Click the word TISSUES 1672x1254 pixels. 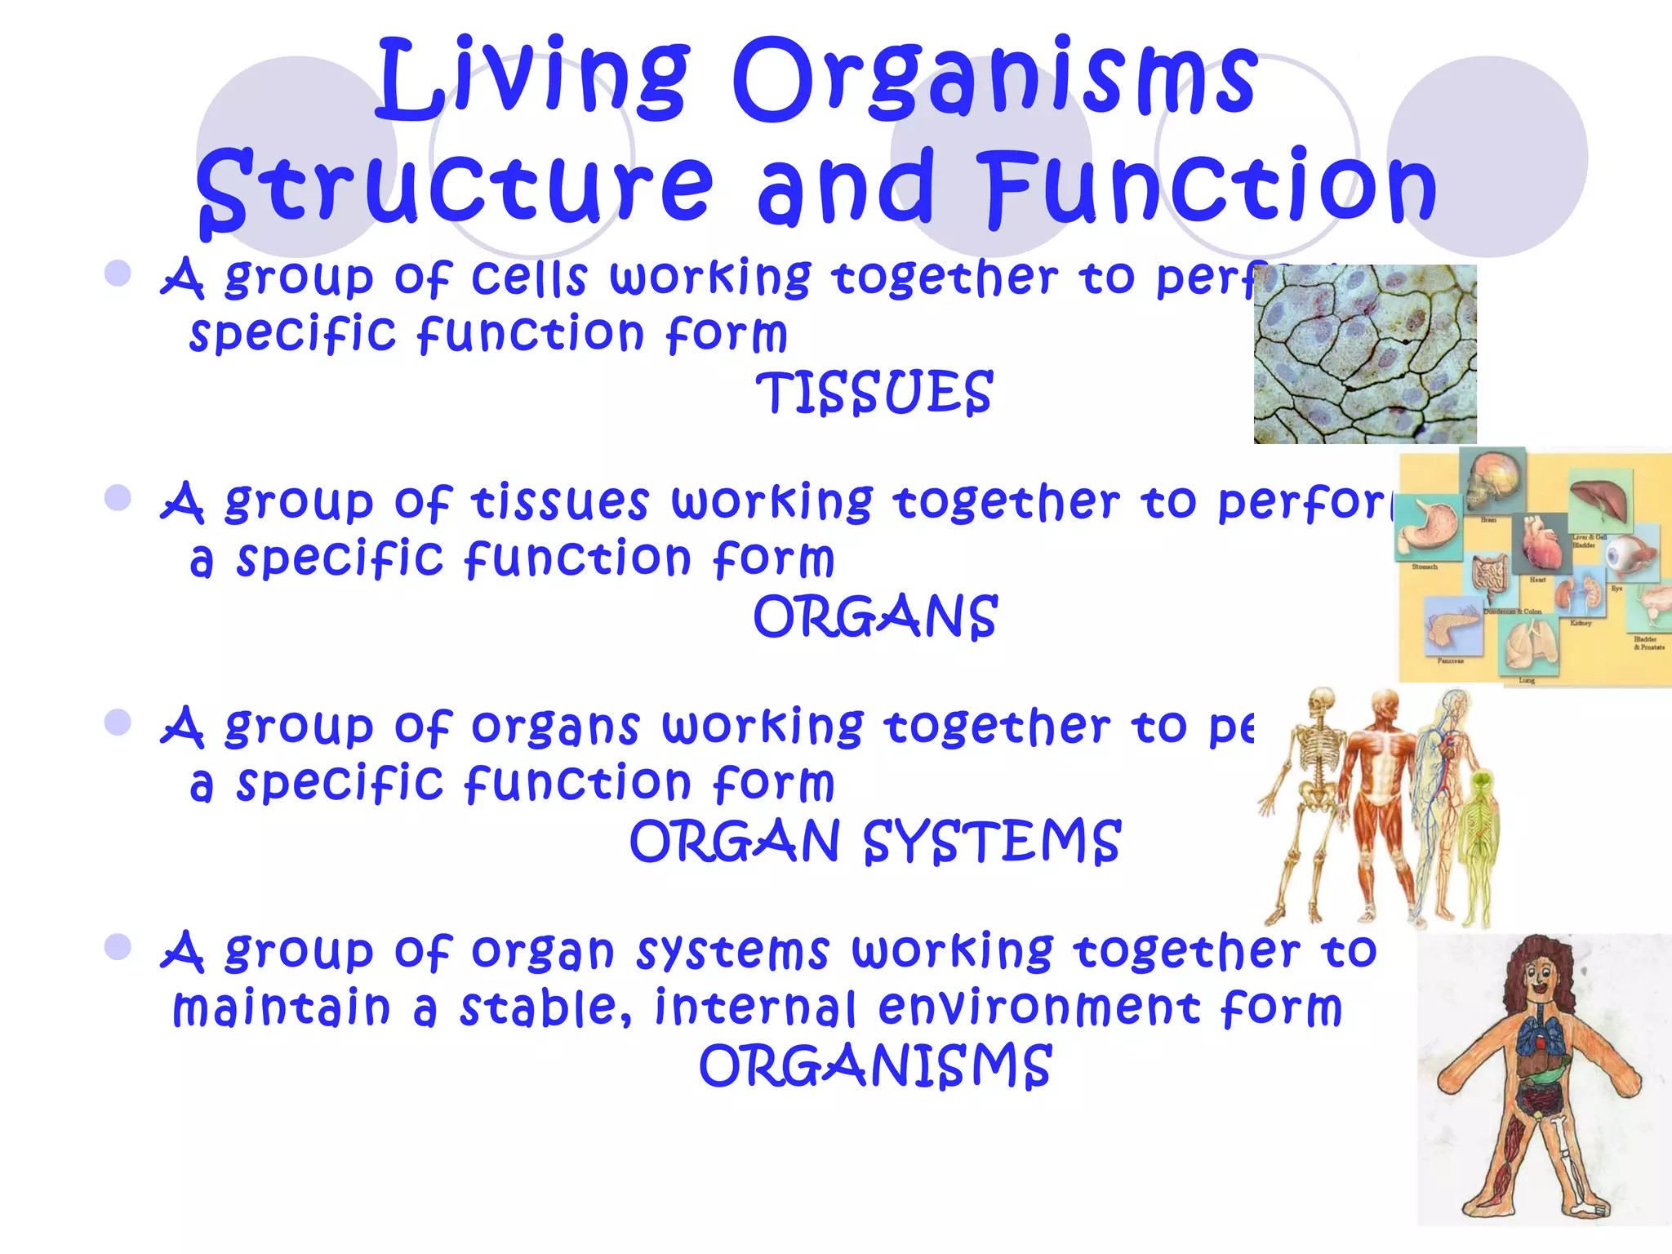pos(874,393)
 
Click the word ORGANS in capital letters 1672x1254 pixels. pos(874,617)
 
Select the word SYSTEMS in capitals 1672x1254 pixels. pos(992,842)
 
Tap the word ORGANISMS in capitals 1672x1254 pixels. pos(874,1066)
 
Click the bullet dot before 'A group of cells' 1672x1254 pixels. pos(118,273)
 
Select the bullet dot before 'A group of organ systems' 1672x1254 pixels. pos(118,947)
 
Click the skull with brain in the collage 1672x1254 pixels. pos(1493,482)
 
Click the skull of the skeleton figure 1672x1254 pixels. pos(1320,701)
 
